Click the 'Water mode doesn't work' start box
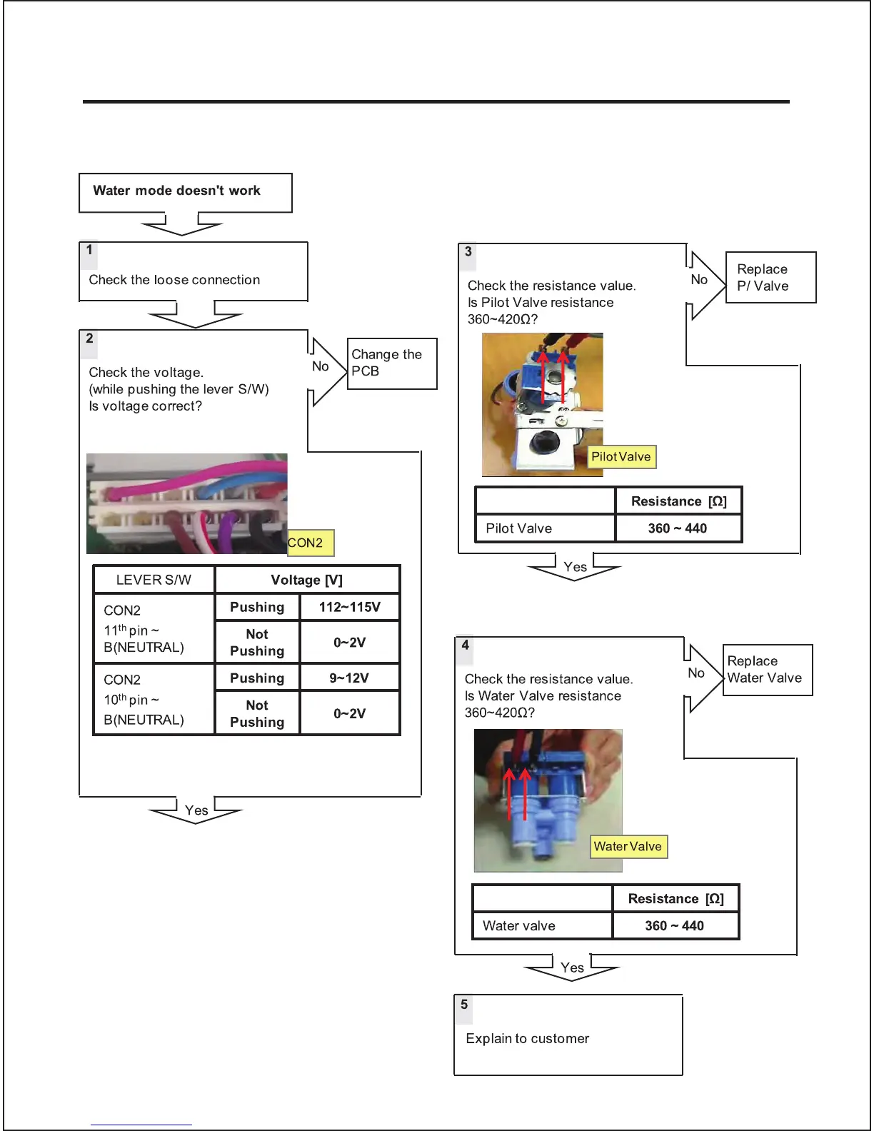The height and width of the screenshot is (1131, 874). tap(185, 192)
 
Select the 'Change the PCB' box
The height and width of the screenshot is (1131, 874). tap(391, 363)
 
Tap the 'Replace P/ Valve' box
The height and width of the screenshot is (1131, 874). tap(770, 278)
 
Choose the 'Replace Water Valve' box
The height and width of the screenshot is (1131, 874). tap(767, 670)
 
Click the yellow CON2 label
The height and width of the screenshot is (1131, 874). tap(309, 543)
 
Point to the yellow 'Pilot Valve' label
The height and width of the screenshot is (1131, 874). tap(621, 457)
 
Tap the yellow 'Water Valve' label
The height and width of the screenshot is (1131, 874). tap(628, 847)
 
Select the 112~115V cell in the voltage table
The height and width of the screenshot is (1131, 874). tap(349, 608)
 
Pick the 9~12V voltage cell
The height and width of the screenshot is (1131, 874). tap(349, 678)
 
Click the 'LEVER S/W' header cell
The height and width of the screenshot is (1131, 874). tap(154, 580)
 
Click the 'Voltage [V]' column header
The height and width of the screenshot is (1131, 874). tap(307, 580)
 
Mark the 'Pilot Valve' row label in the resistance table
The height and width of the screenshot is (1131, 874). tap(519, 528)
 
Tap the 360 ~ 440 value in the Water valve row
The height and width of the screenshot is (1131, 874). tap(675, 926)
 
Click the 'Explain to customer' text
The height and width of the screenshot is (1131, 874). tap(527, 1039)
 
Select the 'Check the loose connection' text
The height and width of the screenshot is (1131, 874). tap(174, 280)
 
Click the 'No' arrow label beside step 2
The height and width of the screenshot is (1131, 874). tap(321, 366)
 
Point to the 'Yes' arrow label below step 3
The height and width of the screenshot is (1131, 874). tap(575, 567)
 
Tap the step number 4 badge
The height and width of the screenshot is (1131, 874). tap(466, 645)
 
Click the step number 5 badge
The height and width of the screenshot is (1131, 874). tap(464, 1005)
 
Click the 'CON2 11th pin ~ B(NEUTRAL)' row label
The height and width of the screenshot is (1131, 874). tap(144, 629)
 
